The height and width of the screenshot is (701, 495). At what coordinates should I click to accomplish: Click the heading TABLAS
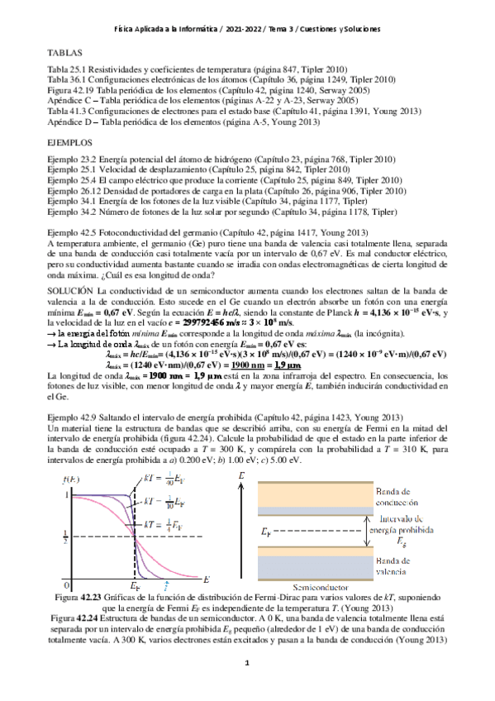point(65,52)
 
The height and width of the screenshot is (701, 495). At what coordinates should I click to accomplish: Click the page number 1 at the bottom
point(247,664)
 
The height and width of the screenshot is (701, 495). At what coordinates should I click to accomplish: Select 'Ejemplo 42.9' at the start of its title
point(72,420)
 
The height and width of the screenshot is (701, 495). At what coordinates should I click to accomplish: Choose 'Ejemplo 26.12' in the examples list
point(74,191)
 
